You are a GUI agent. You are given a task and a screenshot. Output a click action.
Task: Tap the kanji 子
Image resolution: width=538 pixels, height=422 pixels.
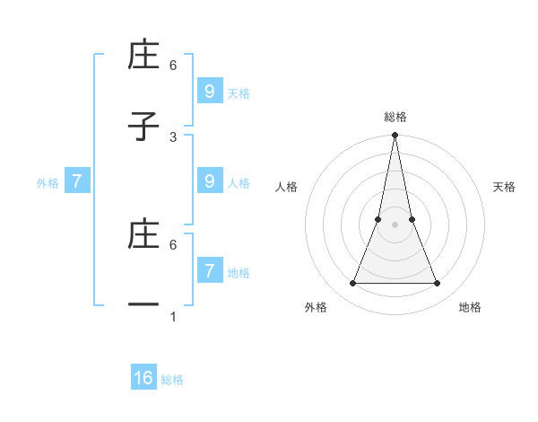coord(143,127)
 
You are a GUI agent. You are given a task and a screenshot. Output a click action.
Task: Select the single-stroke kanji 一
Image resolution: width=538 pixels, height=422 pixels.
coord(143,305)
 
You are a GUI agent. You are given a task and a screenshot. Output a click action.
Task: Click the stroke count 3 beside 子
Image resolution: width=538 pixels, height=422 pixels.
coord(173,136)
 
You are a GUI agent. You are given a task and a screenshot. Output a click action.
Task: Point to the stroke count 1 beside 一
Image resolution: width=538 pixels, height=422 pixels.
coord(173,316)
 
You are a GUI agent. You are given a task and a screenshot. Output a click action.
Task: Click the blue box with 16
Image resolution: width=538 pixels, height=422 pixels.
coord(143,378)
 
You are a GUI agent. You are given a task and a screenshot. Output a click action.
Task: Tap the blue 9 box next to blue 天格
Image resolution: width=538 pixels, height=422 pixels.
coord(210,91)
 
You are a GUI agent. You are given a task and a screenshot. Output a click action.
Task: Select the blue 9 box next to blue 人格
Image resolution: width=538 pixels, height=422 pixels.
coord(210,180)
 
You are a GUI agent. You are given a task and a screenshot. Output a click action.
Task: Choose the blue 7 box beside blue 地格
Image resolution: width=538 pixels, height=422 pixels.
coord(210,270)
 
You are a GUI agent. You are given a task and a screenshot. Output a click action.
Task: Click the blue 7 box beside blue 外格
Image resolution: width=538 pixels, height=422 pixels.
coord(77,180)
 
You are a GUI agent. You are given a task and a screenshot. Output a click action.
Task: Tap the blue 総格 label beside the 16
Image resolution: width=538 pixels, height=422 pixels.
coord(172,380)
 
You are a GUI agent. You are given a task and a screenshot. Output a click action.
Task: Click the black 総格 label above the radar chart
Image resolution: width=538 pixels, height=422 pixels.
coord(395,117)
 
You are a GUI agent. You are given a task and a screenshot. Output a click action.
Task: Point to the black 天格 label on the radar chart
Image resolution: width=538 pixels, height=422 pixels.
coord(505,187)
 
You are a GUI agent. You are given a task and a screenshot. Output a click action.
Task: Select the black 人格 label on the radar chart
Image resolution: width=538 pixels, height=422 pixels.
coord(287,187)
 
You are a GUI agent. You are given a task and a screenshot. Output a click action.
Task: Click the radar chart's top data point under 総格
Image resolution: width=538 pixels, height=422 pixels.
coord(395,136)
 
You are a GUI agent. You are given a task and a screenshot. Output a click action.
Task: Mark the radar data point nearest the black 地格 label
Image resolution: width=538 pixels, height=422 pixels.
coord(438,284)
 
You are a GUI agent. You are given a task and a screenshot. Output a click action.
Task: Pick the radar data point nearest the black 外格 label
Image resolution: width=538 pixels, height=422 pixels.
coord(352,284)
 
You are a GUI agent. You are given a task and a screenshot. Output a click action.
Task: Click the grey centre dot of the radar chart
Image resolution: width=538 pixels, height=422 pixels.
coord(395,224)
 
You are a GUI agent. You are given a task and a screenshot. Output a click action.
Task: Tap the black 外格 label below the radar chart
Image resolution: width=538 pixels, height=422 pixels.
coord(316,307)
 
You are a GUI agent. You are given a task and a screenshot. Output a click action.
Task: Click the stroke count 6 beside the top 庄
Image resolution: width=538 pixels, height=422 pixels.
coord(173,65)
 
